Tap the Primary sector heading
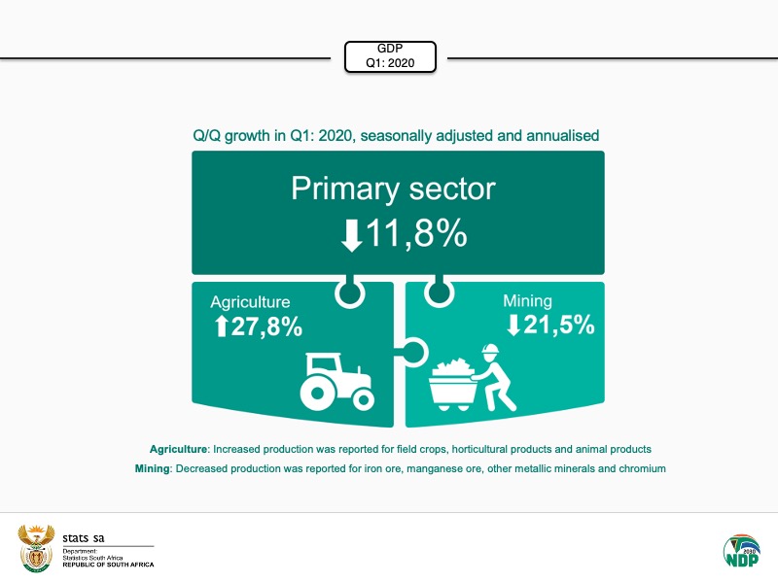point(393,189)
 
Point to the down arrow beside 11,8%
point(351,235)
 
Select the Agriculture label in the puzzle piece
point(250,302)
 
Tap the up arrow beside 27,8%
point(221,327)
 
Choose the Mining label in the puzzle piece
point(527,301)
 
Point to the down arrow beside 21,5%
point(513,326)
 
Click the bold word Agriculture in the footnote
point(178,449)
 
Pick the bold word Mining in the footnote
point(152,468)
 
